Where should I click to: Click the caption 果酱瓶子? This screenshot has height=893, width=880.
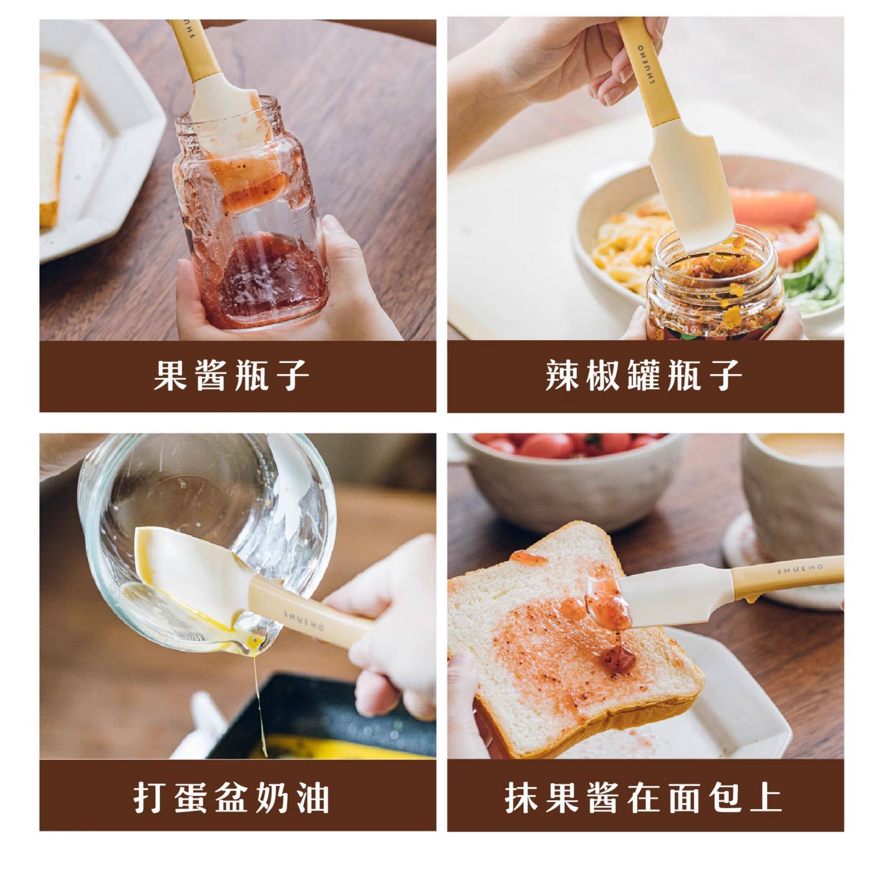coord(231,375)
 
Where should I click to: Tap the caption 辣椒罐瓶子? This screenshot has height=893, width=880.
coord(644,375)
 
